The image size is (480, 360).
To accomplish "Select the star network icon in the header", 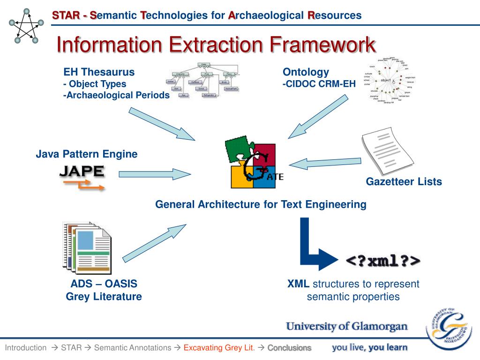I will click(x=26, y=26).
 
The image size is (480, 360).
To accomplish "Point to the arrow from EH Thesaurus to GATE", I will click(x=162, y=123).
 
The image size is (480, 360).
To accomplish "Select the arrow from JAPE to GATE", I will click(x=155, y=174).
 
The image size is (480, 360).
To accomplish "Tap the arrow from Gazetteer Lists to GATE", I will click(x=324, y=163).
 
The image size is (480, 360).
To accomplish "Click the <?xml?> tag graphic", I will click(x=383, y=261).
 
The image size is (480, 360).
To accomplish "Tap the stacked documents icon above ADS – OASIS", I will click(x=87, y=247).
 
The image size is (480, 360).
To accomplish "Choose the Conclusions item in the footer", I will click(x=289, y=348).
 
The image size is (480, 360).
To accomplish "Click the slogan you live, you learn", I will click(x=370, y=347).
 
